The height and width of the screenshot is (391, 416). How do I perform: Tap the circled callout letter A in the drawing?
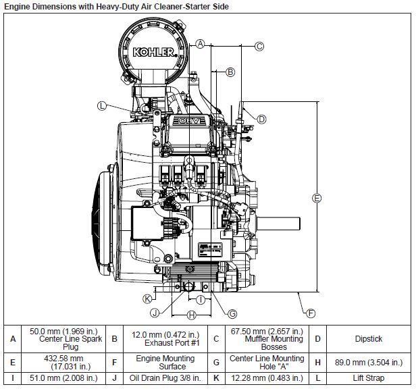tap(200, 43)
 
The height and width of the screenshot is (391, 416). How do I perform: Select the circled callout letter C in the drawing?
tap(259, 47)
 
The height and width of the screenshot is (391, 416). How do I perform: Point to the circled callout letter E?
tap(316, 197)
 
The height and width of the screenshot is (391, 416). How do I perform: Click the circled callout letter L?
tap(102, 105)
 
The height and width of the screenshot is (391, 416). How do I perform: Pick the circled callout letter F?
tap(310, 313)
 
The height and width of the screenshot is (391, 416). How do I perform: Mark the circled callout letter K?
tap(147, 298)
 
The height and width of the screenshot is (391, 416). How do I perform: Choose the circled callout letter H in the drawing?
tap(191, 315)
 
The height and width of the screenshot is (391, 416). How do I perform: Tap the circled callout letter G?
tap(232, 313)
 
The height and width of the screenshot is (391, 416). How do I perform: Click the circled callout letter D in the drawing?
tap(261, 118)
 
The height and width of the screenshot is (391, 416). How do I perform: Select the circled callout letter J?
tap(155, 312)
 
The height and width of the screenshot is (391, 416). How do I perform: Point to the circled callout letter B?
tap(230, 72)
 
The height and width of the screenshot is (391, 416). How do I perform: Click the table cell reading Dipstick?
tap(368, 339)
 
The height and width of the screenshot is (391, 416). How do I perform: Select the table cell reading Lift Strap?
tap(368, 377)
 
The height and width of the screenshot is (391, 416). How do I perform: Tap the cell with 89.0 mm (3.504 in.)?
tap(368, 362)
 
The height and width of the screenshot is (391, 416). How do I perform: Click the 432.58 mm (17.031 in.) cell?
tap(66, 362)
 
